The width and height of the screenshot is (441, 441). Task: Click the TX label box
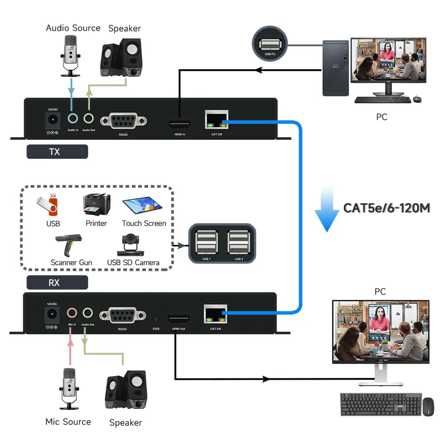57,152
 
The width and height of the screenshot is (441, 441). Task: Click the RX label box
57,283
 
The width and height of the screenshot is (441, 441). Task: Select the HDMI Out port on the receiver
178,319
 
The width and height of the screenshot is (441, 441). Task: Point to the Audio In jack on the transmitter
73,119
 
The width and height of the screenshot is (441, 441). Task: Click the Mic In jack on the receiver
72,313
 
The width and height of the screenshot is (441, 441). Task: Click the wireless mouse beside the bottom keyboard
428,406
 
